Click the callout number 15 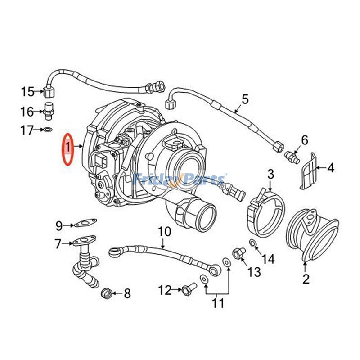27,92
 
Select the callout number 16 27,111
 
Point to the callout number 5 245,99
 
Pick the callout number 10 165,232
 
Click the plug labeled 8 107,294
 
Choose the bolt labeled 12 189,288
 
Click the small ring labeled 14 253,244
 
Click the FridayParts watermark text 180,180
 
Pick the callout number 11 218,303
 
